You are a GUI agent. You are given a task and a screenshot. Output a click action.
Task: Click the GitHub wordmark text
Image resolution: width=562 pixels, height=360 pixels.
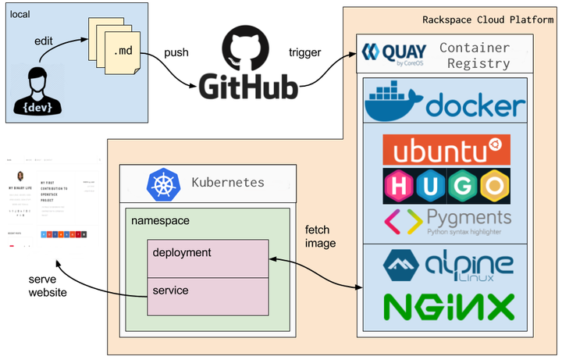pos(249,87)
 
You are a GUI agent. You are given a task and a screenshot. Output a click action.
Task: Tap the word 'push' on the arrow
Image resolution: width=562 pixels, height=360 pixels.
pos(176,52)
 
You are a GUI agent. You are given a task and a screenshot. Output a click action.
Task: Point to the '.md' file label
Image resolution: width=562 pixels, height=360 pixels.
pos(123,52)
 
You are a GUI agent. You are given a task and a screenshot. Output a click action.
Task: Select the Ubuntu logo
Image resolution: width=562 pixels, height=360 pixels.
pos(446,150)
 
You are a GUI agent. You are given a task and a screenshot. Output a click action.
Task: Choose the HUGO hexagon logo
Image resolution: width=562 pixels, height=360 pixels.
pos(446,186)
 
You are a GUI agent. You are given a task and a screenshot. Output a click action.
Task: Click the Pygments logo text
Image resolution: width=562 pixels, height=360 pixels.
pos(468,216)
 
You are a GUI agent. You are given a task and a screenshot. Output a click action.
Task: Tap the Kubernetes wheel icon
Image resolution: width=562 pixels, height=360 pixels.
pos(163,184)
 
